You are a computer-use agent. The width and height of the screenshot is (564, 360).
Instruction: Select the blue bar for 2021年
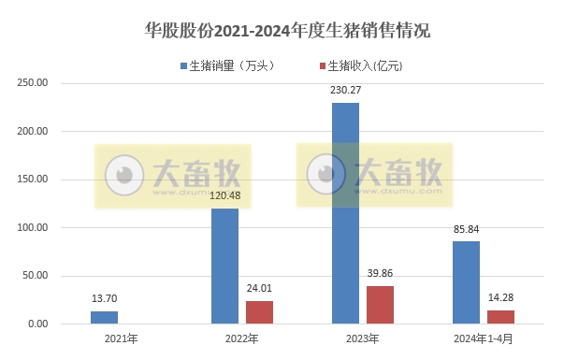pyautogui.click(x=105, y=318)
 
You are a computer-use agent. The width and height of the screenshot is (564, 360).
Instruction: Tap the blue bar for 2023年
pyautogui.click(x=346, y=213)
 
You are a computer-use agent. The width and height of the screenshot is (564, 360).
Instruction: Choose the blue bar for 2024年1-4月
pyautogui.click(x=466, y=282)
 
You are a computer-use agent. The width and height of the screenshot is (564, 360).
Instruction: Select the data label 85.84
pyautogui.click(x=466, y=231)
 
